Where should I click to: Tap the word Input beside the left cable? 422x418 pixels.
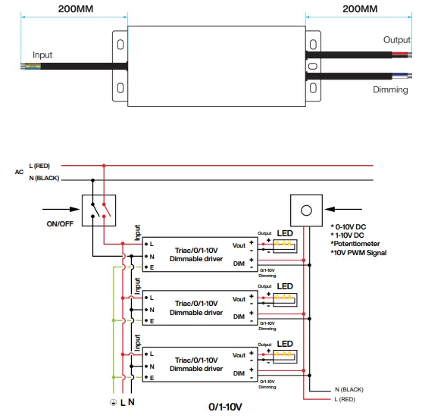coord(42,55)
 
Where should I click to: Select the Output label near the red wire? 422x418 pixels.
coord(396,40)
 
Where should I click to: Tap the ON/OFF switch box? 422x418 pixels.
coord(99,208)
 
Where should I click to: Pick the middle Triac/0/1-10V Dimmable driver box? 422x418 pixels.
coord(196,307)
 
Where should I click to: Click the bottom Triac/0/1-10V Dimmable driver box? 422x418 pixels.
coord(196,363)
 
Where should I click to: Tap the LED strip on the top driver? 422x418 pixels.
coord(285,245)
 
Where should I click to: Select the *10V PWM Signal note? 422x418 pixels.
coord(358,253)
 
